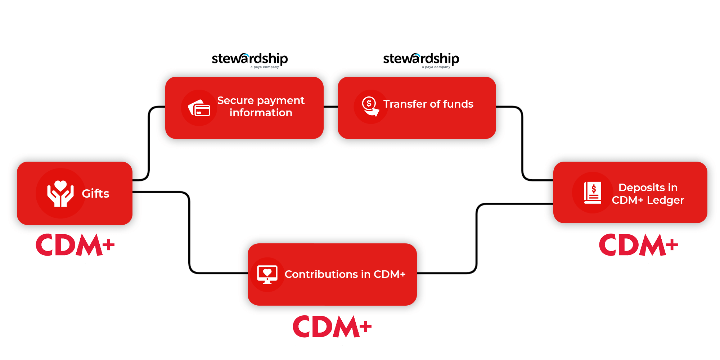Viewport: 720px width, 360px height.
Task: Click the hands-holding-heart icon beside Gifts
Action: [60, 193]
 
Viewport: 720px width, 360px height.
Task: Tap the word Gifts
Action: [95, 194]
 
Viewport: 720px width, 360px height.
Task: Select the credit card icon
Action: [199, 108]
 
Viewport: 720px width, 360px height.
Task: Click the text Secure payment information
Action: [261, 106]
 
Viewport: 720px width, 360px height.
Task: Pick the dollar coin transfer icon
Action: [370, 106]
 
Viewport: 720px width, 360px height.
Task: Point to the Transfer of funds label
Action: [428, 104]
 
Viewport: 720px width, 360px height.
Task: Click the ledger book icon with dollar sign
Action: [593, 193]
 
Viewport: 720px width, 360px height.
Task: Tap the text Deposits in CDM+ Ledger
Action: [648, 194]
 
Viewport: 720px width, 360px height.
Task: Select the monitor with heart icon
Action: [267, 275]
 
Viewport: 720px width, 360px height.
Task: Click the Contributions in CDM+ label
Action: [345, 274]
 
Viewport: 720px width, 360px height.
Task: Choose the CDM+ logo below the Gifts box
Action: [75, 245]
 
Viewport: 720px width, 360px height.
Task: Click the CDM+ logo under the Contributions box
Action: [332, 327]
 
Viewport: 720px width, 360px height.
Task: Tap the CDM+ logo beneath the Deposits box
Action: [639, 245]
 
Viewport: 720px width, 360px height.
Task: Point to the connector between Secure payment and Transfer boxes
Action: [330, 107]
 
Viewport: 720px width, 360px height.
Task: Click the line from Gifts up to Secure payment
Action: [149, 143]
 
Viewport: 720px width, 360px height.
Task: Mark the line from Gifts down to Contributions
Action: [189, 233]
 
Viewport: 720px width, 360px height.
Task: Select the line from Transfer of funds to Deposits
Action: [522, 143]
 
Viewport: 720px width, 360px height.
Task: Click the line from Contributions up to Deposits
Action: [477, 238]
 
